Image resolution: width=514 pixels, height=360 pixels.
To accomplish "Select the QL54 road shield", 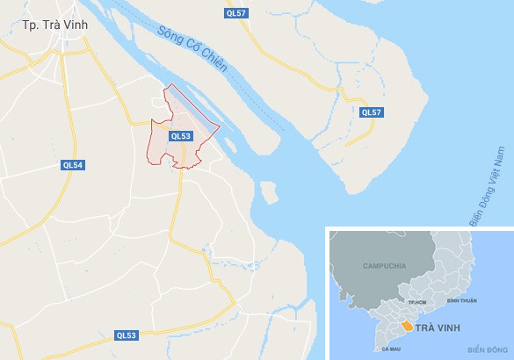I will pyautogui.click(x=73, y=165).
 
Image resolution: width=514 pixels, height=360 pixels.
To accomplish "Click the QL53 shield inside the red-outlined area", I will pyautogui.click(x=181, y=136).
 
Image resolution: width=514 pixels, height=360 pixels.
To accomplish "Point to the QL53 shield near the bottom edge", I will pyautogui.click(x=127, y=335).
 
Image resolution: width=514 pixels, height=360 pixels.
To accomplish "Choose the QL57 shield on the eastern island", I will pyautogui.click(x=371, y=112).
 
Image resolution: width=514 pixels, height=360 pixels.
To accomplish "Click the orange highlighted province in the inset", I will pyautogui.click(x=407, y=326).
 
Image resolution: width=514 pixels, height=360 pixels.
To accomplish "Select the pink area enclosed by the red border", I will pyautogui.click(x=190, y=123).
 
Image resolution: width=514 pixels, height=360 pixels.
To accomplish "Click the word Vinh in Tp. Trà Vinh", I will pyautogui.click(x=76, y=25).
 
